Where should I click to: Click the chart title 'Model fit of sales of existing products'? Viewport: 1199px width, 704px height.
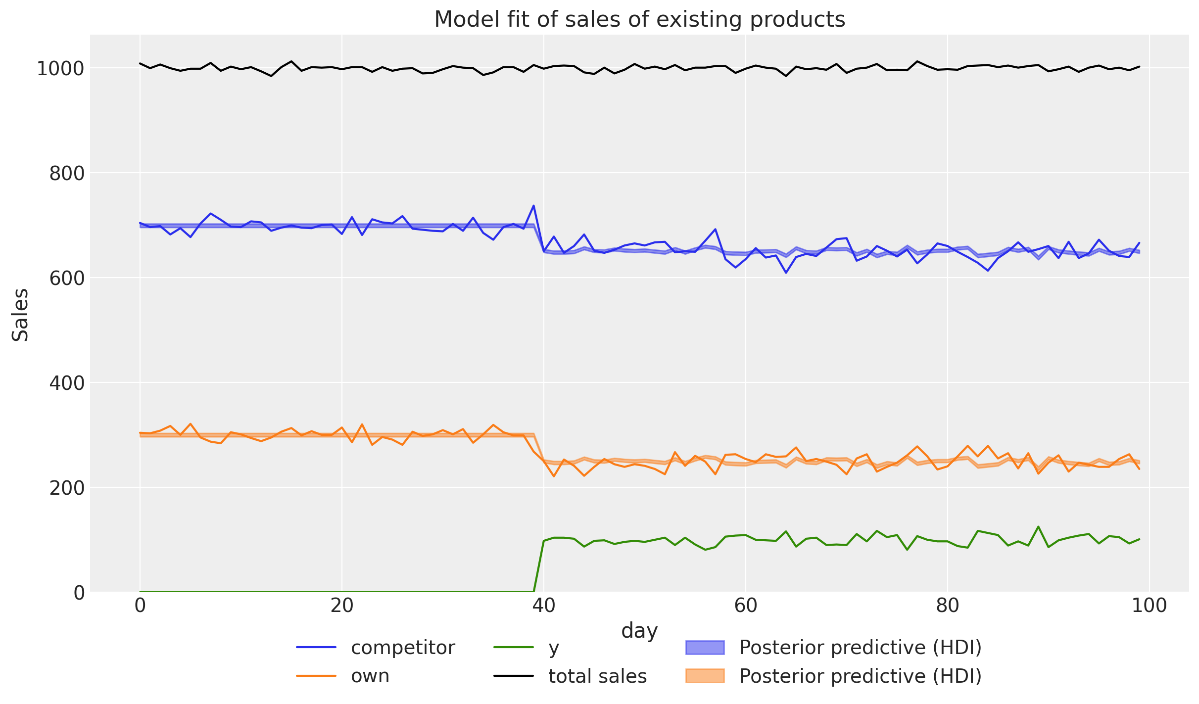pyautogui.click(x=639, y=20)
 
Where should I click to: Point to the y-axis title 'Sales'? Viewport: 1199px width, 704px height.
pyautogui.click(x=20, y=315)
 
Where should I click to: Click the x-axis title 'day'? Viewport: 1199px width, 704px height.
pyautogui.click(x=639, y=631)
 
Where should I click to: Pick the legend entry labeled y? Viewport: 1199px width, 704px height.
pyautogui.click(x=553, y=648)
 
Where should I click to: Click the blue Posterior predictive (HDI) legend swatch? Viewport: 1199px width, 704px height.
pyautogui.click(x=705, y=648)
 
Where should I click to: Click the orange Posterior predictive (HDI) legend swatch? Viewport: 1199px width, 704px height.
pyautogui.click(x=705, y=676)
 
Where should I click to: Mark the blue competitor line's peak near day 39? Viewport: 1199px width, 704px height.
pyautogui.click(x=533, y=205)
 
